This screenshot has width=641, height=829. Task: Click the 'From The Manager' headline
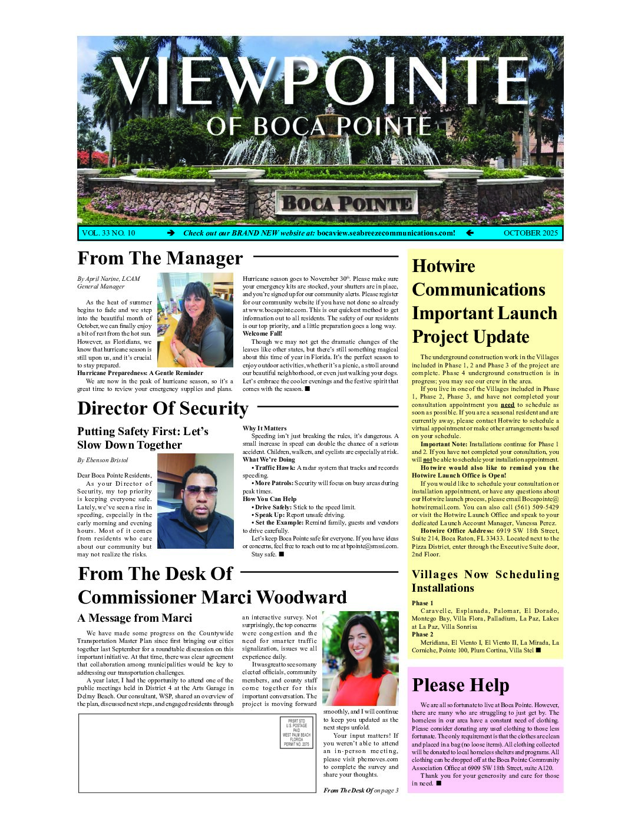pos(160,258)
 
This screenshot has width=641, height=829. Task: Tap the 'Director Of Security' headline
pos(163,409)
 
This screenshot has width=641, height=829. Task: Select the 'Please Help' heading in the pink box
pos(460,685)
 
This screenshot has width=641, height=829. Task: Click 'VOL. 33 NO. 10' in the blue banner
pos(108,233)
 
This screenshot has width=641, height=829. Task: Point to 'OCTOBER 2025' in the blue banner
pos(530,233)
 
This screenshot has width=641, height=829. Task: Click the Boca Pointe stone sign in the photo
pos(346,204)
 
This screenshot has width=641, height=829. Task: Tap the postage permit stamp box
pos(296,732)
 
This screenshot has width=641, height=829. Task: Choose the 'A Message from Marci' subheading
pos(134,618)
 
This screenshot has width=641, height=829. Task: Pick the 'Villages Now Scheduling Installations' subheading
pos(485,581)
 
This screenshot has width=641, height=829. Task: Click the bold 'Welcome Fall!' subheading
pos(262,334)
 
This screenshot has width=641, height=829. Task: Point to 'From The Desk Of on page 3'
pos(361,790)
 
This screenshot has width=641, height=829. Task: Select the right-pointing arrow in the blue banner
pos(171,233)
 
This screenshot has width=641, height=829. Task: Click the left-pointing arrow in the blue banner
pos(470,233)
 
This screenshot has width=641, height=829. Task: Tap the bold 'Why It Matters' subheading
pos(265,429)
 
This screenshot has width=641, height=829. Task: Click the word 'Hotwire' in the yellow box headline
pos(444,266)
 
